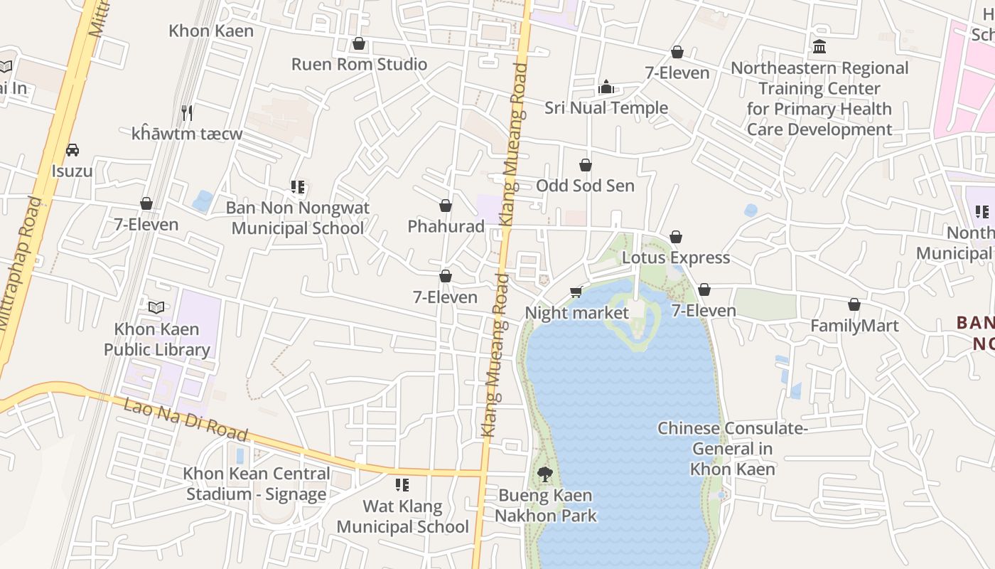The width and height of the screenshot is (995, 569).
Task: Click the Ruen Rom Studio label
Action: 359,64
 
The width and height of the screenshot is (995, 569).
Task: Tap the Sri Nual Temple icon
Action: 606,87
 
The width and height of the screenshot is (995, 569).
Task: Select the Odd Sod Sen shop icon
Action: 586,166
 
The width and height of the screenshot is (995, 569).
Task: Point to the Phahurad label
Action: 446,226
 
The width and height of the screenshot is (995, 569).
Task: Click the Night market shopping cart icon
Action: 576,292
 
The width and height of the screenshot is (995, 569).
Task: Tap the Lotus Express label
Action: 675,257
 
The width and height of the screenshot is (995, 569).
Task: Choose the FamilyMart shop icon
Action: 854,305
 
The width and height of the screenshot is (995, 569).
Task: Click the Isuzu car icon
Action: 72,150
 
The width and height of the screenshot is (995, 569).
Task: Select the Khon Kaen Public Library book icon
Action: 156,308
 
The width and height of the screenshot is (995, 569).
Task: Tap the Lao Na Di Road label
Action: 185,419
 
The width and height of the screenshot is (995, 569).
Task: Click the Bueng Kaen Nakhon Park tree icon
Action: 545,474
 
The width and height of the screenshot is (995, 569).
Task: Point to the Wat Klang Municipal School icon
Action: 402,485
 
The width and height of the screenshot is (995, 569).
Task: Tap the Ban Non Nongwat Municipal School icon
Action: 298,187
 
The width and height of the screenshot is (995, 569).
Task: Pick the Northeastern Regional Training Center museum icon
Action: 819,47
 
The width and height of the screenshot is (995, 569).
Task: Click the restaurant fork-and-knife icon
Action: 187,112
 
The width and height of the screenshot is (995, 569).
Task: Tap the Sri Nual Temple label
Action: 606,108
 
